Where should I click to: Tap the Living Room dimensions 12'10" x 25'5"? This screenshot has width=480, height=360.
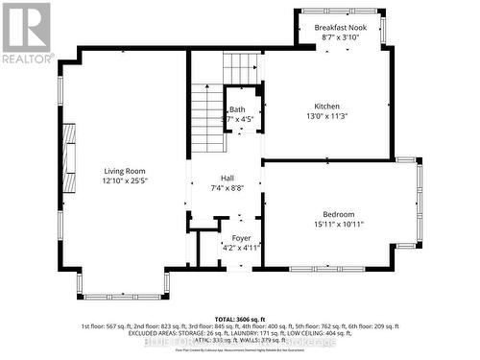[x=126, y=180]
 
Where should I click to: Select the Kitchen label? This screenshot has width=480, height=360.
[x=326, y=107]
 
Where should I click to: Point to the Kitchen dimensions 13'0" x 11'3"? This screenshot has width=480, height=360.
[x=326, y=116]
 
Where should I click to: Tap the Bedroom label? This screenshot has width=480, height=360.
[x=338, y=214]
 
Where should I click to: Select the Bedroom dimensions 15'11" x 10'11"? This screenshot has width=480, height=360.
[x=338, y=224]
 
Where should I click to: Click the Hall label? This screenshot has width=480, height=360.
[x=228, y=179]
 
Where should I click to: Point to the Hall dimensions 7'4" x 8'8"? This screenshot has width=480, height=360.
[x=228, y=188]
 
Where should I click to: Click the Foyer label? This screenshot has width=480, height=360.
[x=241, y=236]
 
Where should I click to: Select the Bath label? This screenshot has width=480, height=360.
[x=236, y=109]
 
